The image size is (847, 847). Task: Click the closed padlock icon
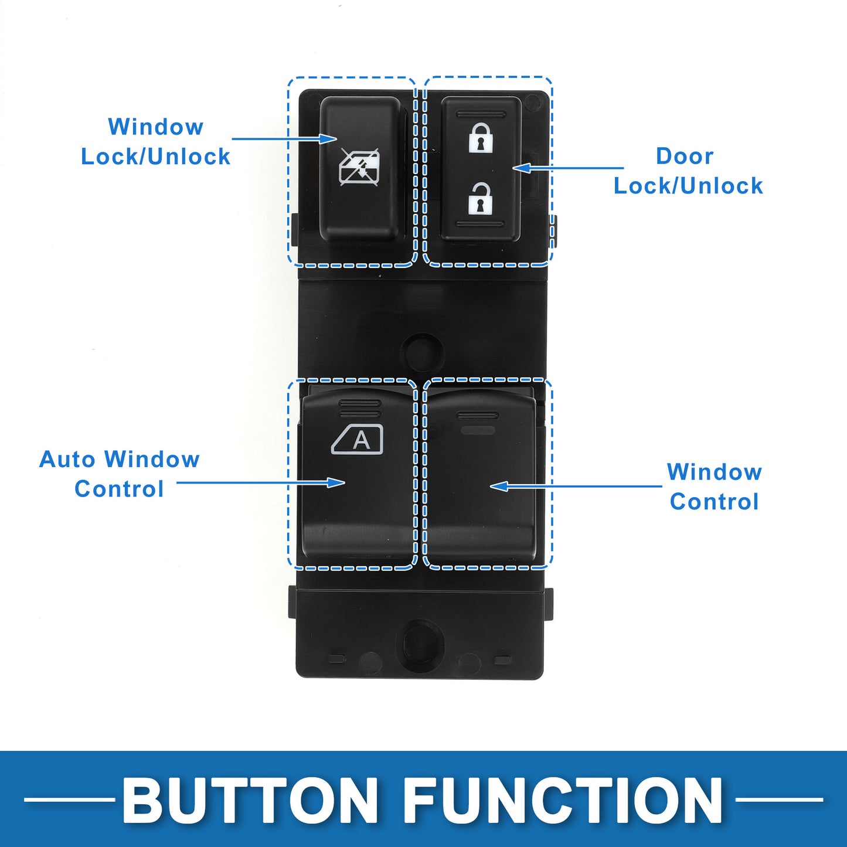481,137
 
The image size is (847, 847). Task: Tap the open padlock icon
481,198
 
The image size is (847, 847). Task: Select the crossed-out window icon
359,166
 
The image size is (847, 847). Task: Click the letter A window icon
358,440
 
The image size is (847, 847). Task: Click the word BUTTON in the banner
250,800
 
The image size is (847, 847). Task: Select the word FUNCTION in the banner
563,800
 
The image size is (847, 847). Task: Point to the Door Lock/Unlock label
688,171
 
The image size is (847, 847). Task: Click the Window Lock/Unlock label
155,141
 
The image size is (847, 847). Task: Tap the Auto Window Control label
119,474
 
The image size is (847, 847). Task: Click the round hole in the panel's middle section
421,352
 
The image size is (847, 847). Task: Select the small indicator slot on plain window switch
478,430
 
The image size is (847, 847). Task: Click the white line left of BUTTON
70,799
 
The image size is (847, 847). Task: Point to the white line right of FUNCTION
779,799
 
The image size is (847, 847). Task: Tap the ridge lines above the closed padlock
481,113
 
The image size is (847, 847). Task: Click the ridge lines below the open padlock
481,224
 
